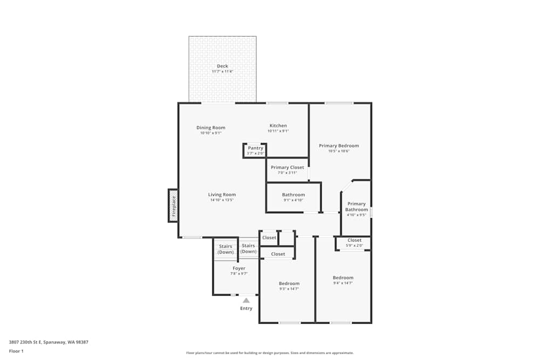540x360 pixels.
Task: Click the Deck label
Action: [x=222, y=66]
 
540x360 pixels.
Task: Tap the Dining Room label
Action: [x=211, y=128]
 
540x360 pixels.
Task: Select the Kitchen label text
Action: [x=278, y=126]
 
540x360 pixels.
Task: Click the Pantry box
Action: [x=255, y=150]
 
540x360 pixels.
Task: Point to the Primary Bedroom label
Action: [x=339, y=146]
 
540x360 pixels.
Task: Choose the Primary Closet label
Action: [x=287, y=167]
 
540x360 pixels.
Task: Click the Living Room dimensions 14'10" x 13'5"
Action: [x=222, y=200]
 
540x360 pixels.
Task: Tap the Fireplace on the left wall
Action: [x=173, y=206]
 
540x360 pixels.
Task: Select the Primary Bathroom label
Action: [x=356, y=207]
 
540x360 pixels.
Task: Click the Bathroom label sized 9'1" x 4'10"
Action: [x=293, y=195]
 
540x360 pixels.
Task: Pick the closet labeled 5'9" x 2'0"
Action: [x=354, y=243]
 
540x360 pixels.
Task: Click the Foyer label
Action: [x=239, y=268]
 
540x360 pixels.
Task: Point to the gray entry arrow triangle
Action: [x=246, y=301]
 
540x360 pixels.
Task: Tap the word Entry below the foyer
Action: [x=246, y=309]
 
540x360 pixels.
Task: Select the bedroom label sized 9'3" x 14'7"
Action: [x=289, y=284]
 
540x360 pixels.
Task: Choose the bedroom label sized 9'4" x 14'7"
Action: [x=343, y=278]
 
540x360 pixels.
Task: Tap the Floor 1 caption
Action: [x=16, y=351]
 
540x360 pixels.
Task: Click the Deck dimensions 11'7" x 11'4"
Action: [x=222, y=71]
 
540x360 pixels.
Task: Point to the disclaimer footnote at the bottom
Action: [x=269, y=353]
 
